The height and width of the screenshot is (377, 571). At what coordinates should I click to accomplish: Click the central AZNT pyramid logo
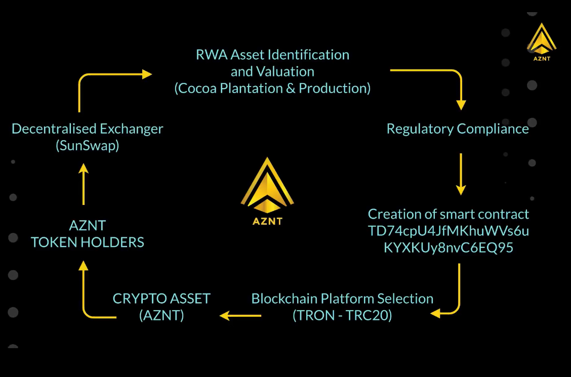click(x=267, y=187)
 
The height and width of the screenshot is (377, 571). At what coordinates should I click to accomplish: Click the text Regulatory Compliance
click(x=458, y=129)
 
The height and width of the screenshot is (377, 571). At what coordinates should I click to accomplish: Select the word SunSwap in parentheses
click(x=87, y=146)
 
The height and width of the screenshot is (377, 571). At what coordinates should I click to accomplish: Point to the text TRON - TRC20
click(x=343, y=315)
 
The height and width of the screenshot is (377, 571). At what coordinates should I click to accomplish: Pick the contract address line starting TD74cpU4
click(x=448, y=231)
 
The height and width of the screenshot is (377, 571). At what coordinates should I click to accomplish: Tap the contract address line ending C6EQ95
click(x=448, y=247)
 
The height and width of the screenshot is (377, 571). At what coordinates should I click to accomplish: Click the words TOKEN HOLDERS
click(x=88, y=242)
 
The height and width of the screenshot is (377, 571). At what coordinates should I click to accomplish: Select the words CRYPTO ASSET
click(x=161, y=299)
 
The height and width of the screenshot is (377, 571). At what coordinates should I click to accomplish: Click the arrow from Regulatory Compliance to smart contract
click(x=461, y=174)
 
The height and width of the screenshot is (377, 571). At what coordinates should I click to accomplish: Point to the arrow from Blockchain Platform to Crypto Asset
click(x=240, y=316)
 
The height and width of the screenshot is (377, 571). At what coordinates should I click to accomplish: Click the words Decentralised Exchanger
click(x=88, y=129)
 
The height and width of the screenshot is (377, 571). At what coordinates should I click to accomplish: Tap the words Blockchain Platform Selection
click(x=343, y=299)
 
